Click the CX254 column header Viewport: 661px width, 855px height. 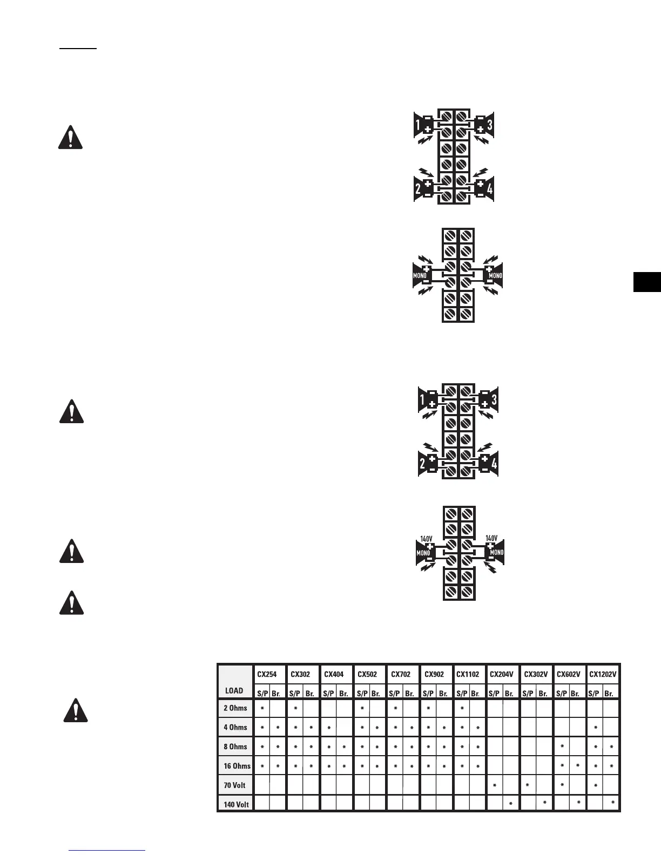(x=267, y=674)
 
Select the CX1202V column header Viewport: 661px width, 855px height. (x=603, y=674)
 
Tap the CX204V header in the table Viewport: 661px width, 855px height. (x=502, y=674)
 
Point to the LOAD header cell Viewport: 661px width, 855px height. (x=234, y=690)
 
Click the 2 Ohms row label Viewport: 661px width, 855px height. (x=235, y=708)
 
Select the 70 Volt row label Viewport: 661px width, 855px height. (x=235, y=785)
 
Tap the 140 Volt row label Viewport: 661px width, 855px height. (x=235, y=804)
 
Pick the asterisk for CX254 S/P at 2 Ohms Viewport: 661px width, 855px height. (x=262, y=709)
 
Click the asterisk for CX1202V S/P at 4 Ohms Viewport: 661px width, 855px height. (x=596, y=728)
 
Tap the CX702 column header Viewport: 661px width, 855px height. (x=401, y=674)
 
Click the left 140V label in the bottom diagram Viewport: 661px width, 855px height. (x=427, y=539)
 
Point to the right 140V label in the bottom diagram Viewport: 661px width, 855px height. (x=491, y=539)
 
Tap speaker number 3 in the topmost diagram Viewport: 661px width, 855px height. (x=489, y=125)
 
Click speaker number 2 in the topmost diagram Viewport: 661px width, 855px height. (x=418, y=189)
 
